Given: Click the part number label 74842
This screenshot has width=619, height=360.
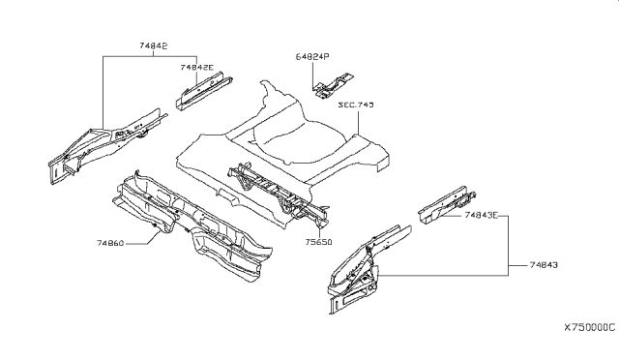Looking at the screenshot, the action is click(153, 45).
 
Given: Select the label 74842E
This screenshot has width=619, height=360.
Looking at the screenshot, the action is click(196, 67).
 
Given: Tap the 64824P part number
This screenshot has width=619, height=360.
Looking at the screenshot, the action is click(312, 57).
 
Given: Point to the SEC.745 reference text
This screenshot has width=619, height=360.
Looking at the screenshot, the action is click(356, 105).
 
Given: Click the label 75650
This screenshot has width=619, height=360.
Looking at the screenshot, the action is click(318, 242).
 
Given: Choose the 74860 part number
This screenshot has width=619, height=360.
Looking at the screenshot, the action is click(110, 243).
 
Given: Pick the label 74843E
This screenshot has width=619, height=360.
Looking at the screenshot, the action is click(482, 216).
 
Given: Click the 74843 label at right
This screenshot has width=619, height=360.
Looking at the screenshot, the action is click(544, 265).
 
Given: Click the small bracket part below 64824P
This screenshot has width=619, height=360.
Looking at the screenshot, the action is click(332, 86).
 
